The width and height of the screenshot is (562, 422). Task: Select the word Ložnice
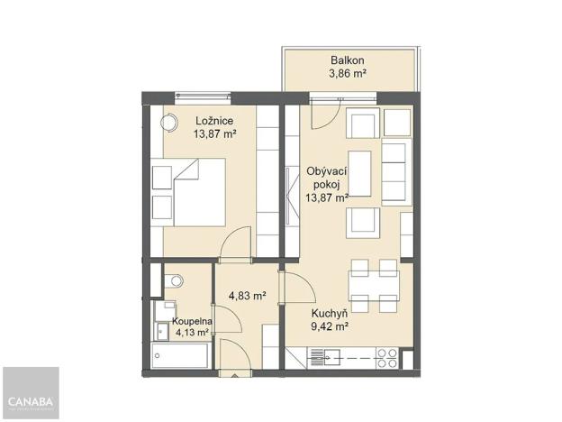click(x=214, y=121)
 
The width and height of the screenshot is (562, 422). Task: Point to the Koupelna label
click(x=191, y=320)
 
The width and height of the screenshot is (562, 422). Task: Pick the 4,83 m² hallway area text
click(x=246, y=295)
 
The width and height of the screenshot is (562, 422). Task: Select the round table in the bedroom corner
click(x=168, y=124)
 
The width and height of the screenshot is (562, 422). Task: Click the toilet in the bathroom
click(x=175, y=280)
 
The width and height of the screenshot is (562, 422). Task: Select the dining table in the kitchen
click(x=374, y=284)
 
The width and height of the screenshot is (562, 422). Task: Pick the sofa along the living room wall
click(x=395, y=170)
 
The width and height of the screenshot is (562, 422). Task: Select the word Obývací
click(x=327, y=170)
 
